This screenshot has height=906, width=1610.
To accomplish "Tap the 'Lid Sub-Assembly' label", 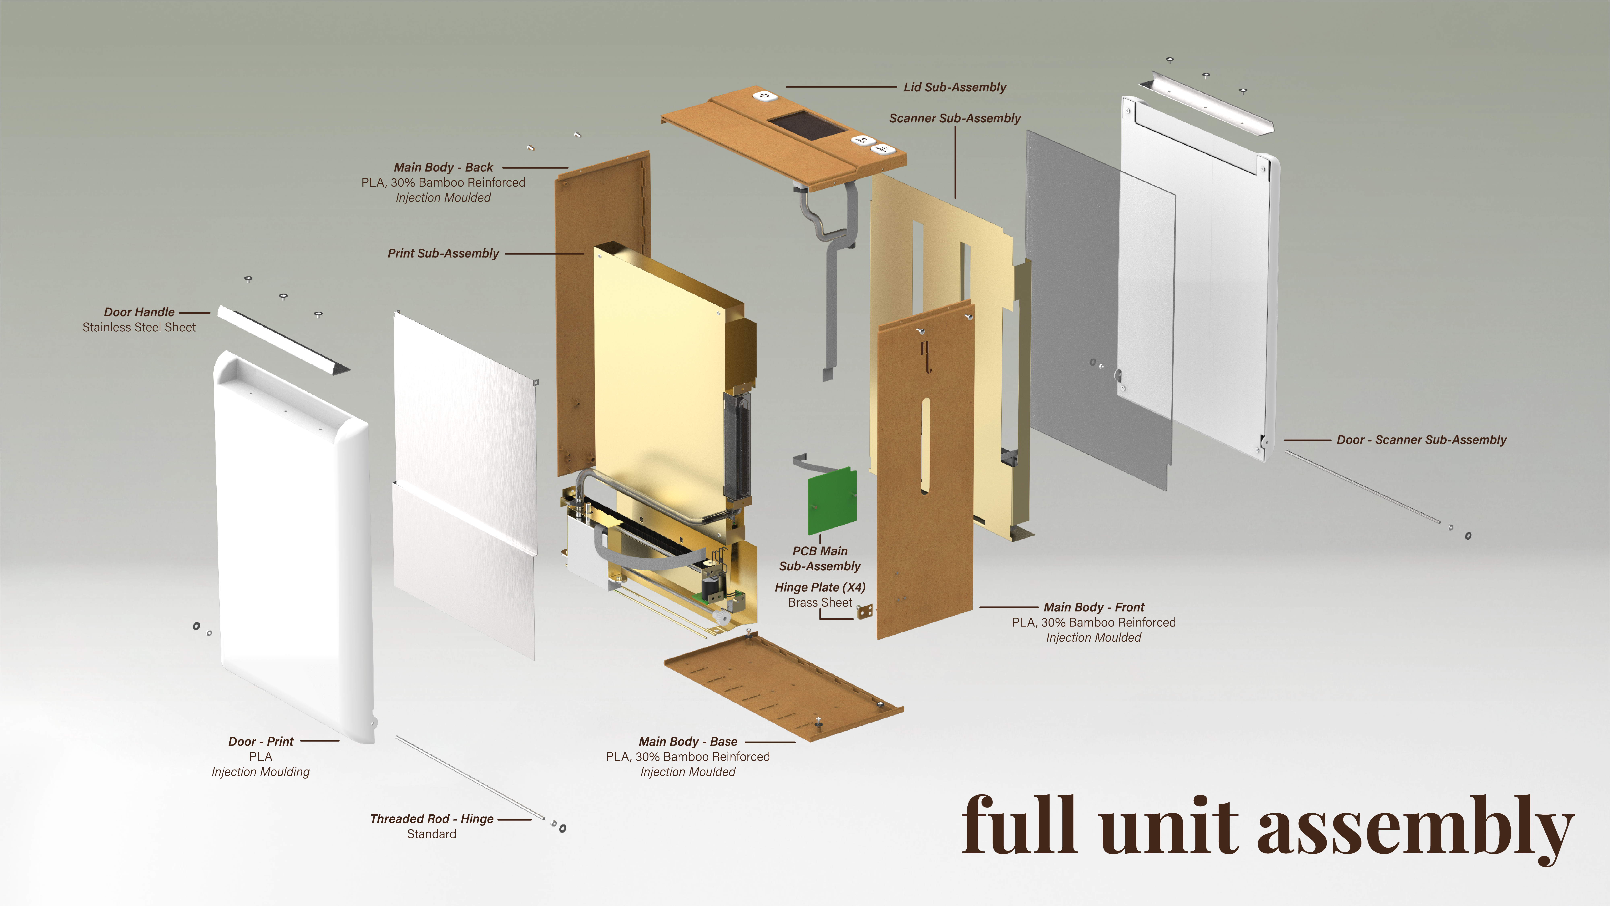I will pyautogui.click(x=954, y=88).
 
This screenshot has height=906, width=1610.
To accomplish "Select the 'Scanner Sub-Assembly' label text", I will pyautogui.click(x=954, y=118).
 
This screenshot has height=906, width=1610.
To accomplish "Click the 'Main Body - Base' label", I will pyautogui.click(x=687, y=742).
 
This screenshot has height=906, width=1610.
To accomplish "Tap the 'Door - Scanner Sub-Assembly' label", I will pyautogui.click(x=1421, y=440).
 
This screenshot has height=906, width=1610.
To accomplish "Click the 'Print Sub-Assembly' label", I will pyautogui.click(x=443, y=253).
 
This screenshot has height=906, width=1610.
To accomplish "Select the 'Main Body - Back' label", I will pyautogui.click(x=443, y=168).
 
